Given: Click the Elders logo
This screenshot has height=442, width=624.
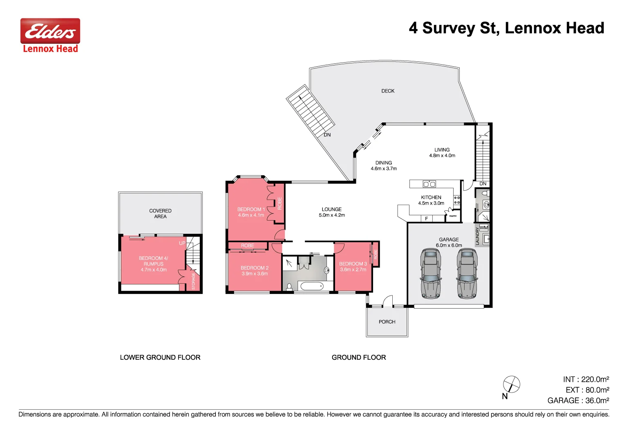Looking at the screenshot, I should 50,31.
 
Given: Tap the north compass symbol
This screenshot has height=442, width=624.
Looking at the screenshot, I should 511,385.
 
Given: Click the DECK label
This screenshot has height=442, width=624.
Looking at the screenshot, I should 388,91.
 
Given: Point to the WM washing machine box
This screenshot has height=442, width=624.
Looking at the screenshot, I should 484,228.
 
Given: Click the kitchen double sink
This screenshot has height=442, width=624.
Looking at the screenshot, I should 429,184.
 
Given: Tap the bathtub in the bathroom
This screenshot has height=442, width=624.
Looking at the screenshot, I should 311,286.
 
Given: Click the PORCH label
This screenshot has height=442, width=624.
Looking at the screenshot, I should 387,322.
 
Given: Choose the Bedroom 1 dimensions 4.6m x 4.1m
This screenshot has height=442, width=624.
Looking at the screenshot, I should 251,215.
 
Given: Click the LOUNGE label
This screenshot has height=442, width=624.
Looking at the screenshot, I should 331,209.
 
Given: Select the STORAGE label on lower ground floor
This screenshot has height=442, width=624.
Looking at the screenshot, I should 194,281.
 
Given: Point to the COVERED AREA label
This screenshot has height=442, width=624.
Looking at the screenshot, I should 160,214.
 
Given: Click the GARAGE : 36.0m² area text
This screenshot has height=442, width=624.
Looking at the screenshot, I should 578,401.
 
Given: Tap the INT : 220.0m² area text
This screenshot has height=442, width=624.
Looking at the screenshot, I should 586,379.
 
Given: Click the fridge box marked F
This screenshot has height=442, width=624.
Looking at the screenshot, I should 426,219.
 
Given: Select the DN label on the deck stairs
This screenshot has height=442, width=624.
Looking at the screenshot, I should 327,135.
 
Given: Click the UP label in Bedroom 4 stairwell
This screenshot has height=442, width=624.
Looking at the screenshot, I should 182,243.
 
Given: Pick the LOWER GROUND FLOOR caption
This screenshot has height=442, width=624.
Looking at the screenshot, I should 160,357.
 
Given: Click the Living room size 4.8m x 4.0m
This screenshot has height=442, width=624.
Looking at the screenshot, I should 442,156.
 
